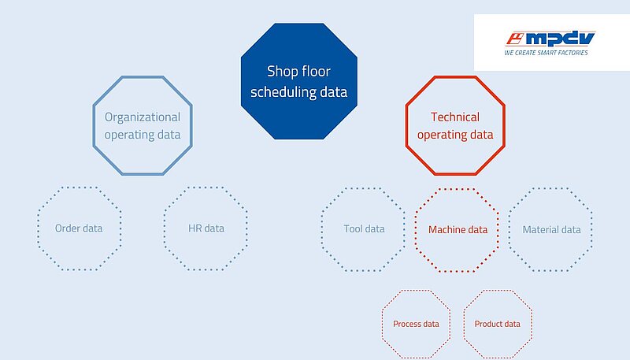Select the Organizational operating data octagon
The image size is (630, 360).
143,76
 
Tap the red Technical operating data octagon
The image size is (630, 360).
455,76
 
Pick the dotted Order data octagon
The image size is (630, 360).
80,187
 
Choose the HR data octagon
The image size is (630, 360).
206,187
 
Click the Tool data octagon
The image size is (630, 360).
363,189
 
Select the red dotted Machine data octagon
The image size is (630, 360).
458,189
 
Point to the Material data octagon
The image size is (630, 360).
550,189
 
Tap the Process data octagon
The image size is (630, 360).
417,291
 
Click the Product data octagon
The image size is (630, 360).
498,291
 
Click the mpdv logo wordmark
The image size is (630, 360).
560,39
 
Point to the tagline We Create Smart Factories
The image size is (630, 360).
546,53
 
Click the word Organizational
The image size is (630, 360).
143,117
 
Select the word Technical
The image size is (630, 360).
455,117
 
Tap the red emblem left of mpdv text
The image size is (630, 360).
515,39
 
